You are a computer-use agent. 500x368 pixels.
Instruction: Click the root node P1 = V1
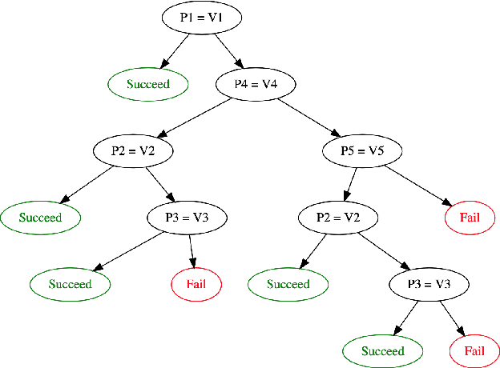click(201, 17)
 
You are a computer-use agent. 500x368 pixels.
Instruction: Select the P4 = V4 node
click(256, 83)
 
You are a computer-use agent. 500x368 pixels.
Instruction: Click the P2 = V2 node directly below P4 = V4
click(132, 150)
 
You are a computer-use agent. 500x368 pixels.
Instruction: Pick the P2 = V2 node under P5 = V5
click(338, 217)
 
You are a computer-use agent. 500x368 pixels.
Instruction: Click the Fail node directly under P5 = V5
click(469, 217)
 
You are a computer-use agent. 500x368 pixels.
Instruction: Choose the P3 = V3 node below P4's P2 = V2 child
click(187, 217)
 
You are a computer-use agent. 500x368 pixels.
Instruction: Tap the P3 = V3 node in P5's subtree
click(428, 284)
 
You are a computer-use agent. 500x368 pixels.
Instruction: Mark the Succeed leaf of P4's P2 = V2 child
click(40, 217)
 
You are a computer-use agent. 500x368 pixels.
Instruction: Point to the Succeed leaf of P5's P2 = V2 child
click(288, 284)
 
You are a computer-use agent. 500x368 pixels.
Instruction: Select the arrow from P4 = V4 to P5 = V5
click(308, 117)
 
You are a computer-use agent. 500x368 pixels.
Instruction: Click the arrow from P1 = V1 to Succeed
click(175, 50)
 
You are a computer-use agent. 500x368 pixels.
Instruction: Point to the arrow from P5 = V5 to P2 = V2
click(350, 184)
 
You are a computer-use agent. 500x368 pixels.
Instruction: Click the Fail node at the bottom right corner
click(473, 350)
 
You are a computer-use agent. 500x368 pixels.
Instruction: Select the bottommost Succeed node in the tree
click(382, 350)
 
